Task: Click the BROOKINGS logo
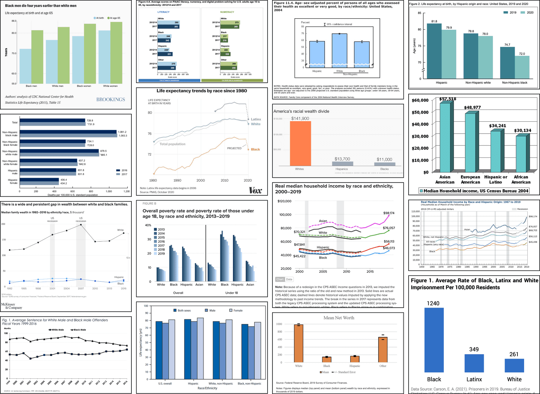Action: [110, 100]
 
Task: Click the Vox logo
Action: [255, 190]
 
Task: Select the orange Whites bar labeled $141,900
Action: [300, 143]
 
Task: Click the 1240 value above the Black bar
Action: [433, 303]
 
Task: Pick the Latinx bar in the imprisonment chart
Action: [474, 363]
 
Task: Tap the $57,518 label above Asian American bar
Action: [448, 99]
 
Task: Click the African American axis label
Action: [521, 179]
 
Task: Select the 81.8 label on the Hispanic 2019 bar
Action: [434, 21]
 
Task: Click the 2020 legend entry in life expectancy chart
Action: [527, 13]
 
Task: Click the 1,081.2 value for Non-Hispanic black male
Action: [122, 132]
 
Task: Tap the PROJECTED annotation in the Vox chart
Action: [234, 148]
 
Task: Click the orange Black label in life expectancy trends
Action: [255, 149]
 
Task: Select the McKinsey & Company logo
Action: [11, 306]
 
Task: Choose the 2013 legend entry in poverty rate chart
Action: [159, 229]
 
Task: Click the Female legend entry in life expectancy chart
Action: [236, 310]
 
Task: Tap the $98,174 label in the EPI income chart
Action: [389, 213]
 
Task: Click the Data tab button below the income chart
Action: [289, 279]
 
